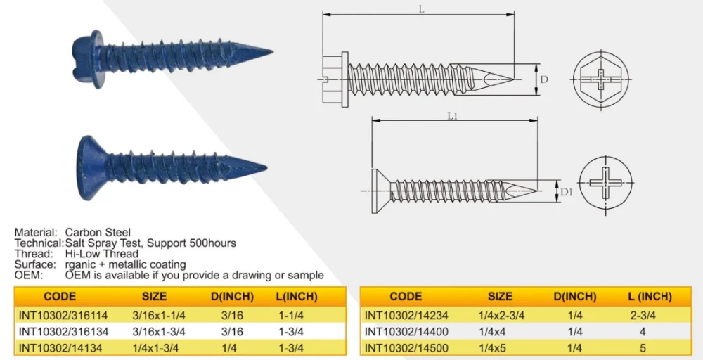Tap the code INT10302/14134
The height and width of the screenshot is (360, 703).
coord(57,347)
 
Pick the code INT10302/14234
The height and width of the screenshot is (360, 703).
coord(404,316)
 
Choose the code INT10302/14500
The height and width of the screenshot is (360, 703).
coord(404,347)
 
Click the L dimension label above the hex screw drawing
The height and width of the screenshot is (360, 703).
coord(421,9)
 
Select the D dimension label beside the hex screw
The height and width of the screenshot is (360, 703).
coord(544,79)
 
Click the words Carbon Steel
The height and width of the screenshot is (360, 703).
coord(98,232)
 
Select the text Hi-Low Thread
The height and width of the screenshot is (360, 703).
coord(102,254)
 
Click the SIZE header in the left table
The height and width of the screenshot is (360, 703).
coord(154,296)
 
